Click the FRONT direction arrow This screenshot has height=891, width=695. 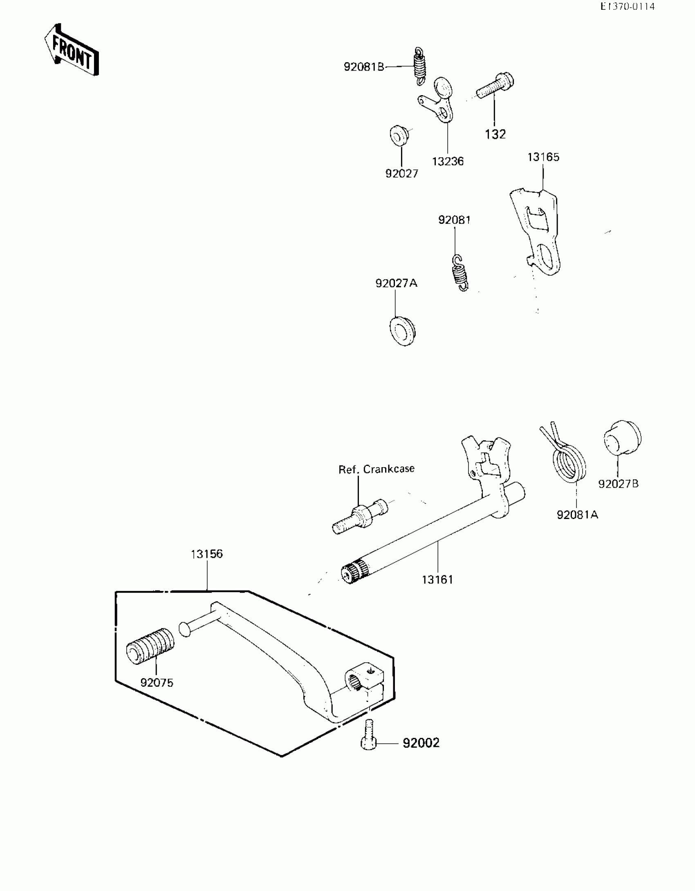(72, 50)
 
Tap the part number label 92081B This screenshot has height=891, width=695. (364, 67)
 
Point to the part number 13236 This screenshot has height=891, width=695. (448, 161)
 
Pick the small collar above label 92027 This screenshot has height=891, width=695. (399, 135)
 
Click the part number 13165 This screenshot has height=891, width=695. (543, 157)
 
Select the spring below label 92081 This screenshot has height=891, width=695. (460, 272)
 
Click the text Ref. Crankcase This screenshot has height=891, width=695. (376, 469)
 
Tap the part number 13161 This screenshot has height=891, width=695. (437, 579)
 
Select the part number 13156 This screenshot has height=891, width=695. (207, 554)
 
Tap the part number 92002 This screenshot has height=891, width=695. (421, 743)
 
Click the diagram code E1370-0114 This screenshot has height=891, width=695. (627, 7)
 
